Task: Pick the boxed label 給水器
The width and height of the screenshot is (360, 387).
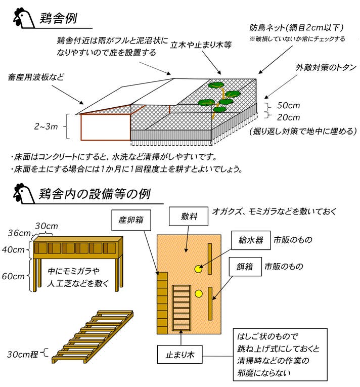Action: [x=251, y=239]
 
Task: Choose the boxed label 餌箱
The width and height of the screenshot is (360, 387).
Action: [x=245, y=266]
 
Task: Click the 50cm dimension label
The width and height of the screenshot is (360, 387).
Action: [x=289, y=106]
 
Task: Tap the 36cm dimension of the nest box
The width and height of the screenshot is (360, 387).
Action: [x=19, y=233]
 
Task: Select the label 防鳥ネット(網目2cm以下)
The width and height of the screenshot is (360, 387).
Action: [x=297, y=28]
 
